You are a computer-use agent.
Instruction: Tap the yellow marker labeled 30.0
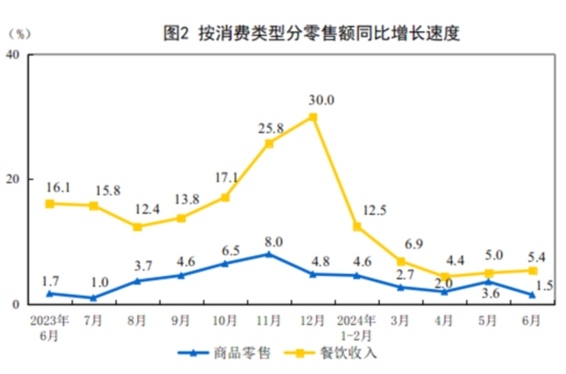tap(313, 117)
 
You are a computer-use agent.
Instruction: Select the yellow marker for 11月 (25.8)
tap(269, 143)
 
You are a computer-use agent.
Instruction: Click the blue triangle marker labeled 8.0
tap(269, 254)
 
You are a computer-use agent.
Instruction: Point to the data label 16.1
tap(58, 188)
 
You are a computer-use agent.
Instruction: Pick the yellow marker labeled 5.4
tap(532, 270)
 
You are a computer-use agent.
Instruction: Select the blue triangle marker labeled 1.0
tap(94, 298)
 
